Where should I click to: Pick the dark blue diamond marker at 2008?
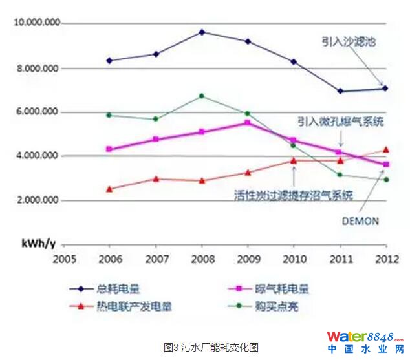[202, 32]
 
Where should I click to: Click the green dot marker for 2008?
[202, 96]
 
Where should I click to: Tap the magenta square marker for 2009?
[248, 122]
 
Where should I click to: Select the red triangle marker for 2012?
[386, 149]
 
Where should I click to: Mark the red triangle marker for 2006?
[110, 189]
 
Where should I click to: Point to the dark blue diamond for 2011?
[340, 91]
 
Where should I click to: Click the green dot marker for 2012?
[386, 180]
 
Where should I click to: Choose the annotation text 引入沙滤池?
[349, 41]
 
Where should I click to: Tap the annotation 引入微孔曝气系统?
[340, 122]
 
